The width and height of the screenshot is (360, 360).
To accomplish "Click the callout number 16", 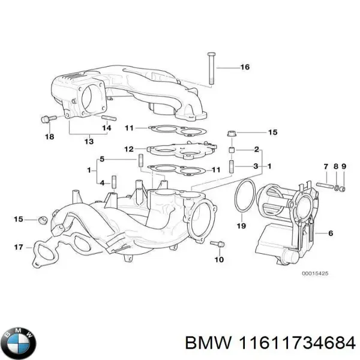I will (244, 67).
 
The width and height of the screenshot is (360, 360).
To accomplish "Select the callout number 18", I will (49, 137).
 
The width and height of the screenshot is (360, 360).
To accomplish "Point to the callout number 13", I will (89, 142).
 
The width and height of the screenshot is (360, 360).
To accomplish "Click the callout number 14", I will (106, 128).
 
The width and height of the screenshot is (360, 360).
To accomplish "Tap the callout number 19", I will (241, 226).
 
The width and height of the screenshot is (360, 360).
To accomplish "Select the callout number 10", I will (219, 260).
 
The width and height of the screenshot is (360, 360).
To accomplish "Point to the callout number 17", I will (19, 247).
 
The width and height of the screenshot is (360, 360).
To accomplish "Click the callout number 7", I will (326, 166).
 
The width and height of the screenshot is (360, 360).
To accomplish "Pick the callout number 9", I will (344, 166).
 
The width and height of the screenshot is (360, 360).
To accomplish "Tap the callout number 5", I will (102, 159).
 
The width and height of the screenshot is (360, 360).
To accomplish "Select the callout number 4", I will (102, 182).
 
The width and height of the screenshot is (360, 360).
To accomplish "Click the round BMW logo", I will (19, 343).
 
